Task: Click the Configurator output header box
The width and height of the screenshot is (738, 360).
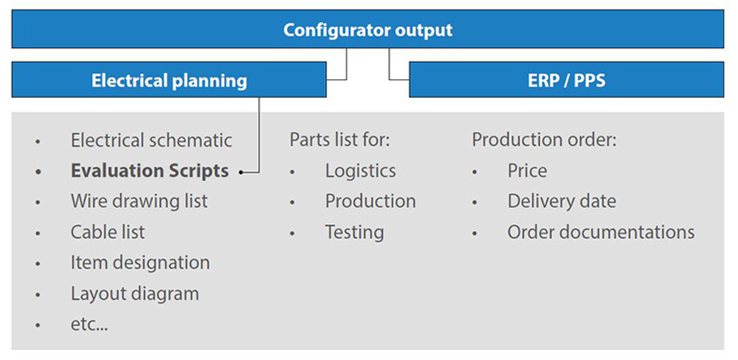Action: click(x=367, y=30)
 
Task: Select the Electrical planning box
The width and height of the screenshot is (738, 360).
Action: click(x=169, y=80)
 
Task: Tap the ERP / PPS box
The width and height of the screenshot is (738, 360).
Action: click(x=566, y=80)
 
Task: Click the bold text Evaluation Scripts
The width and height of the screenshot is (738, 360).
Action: click(x=150, y=171)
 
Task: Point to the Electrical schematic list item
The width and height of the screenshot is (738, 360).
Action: click(x=151, y=140)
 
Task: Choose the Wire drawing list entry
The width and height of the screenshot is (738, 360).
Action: click(x=138, y=201)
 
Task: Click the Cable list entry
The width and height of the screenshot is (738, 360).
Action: click(x=108, y=232)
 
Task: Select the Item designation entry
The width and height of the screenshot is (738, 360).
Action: click(x=140, y=263)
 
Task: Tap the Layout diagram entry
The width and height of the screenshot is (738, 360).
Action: click(x=134, y=294)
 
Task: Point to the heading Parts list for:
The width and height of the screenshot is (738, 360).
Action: click(x=340, y=140)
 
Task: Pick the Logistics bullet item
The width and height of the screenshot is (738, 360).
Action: click(x=360, y=171)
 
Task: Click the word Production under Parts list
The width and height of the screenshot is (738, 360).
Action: click(x=370, y=201)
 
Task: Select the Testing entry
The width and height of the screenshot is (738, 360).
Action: click(x=354, y=232)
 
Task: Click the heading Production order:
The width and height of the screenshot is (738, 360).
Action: click(x=544, y=140)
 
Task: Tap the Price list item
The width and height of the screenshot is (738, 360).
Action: click(x=527, y=171)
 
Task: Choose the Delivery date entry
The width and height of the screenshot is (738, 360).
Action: click(x=562, y=201)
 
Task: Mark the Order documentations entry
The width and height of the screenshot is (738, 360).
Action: click(x=600, y=232)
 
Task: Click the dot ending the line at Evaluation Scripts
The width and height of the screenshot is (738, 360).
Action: click(x=243, y=172)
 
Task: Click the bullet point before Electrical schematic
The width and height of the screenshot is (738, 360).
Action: click(x=37, y=142)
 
